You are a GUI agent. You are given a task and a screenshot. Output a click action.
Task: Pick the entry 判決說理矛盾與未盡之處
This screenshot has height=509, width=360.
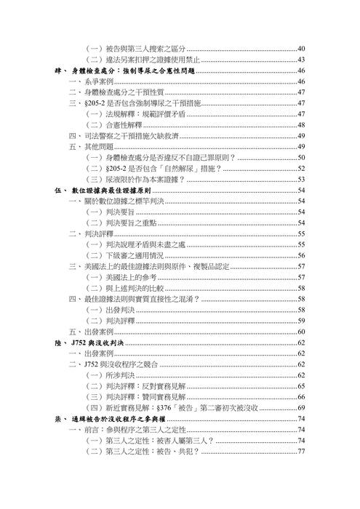(x=153, y=245)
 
